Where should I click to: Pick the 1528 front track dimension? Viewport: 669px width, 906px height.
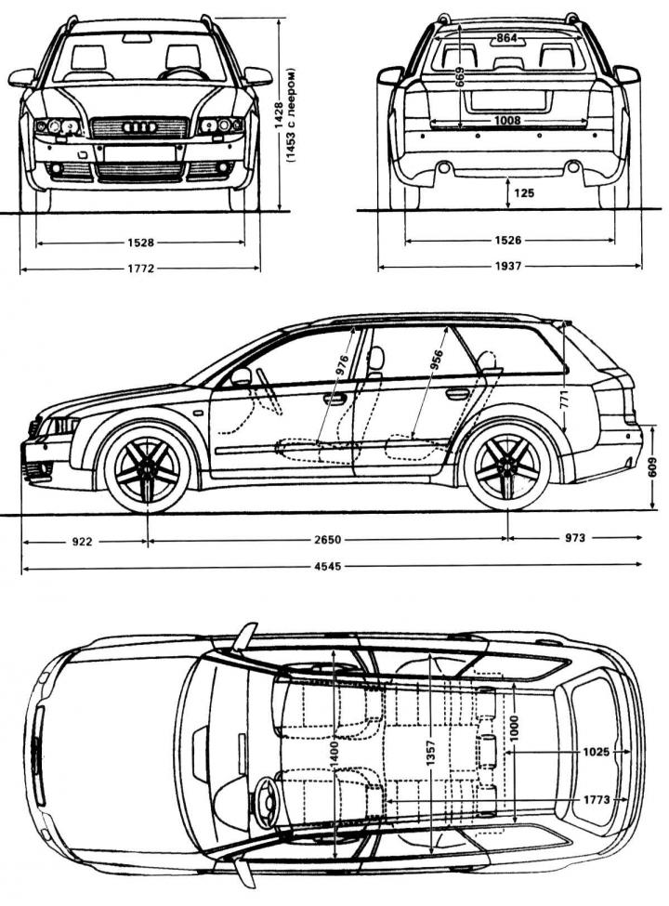[141, 242]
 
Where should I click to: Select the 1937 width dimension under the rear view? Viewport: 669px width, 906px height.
[509, 266]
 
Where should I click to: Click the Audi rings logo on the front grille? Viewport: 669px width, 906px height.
[139, 126]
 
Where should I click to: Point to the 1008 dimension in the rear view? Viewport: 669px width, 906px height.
[506, 121]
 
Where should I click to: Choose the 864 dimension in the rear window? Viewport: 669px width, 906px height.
[505, 38]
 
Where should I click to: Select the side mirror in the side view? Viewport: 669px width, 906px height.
[242, 376]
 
